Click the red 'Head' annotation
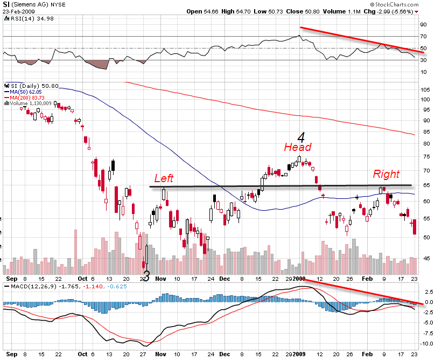point(297,147)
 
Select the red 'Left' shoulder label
point(164,178)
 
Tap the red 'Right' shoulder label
point(387,174)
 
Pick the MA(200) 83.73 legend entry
point(23,97)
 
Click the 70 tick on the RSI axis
point(424,37)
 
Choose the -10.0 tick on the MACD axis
point(425,343)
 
